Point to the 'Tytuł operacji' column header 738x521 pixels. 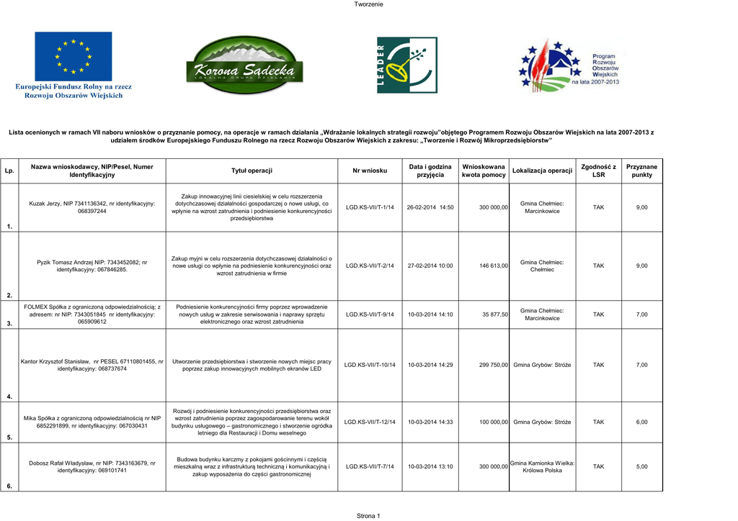coord(252,171)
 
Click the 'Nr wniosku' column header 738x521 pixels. coord(370,171)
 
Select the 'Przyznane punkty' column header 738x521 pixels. coord(641,171)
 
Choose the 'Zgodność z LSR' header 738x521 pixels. coord(598,171)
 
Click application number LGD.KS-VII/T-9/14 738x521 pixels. coord(370,314)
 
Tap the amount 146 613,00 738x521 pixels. coord(494,266)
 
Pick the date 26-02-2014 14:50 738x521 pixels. coord(430,207)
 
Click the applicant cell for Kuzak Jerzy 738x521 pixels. coord(92,207)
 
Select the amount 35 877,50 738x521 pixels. coord(495,314)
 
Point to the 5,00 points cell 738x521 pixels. coord(641,466)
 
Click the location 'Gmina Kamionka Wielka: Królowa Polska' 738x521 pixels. coord(542,466)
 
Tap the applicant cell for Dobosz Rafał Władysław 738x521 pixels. coord(92,466)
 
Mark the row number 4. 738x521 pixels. coord(9,397)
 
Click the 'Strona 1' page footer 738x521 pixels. coord(368,515)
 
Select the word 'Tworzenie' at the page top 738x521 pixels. coord(368,5)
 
